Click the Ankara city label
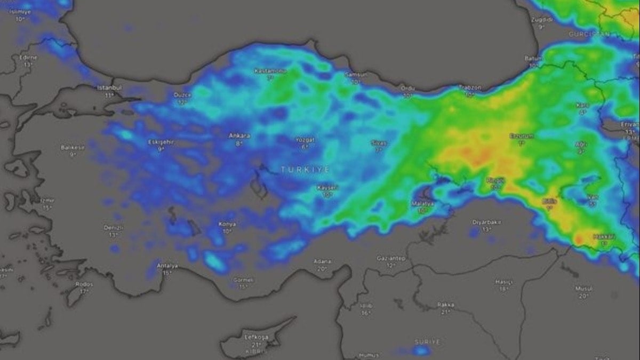click(x=239, y=135)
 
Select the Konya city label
click(x=227, y=224)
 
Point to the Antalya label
click(x=167, y=266)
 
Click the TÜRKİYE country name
click(x=306, y=169)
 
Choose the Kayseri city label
click(x=327, y=188)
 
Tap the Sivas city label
click(x=379, y=143)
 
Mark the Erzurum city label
click(x=521, y=135)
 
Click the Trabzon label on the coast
click(x=470, y=87)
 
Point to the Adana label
click(x=322, y=261)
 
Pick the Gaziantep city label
click(x=391, y=258)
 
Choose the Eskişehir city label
click(x=161, y=142)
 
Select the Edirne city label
click(x=28, y=57)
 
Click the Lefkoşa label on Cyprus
click(x=255, y=337)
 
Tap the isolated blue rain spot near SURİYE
click(x=421, y=350)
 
